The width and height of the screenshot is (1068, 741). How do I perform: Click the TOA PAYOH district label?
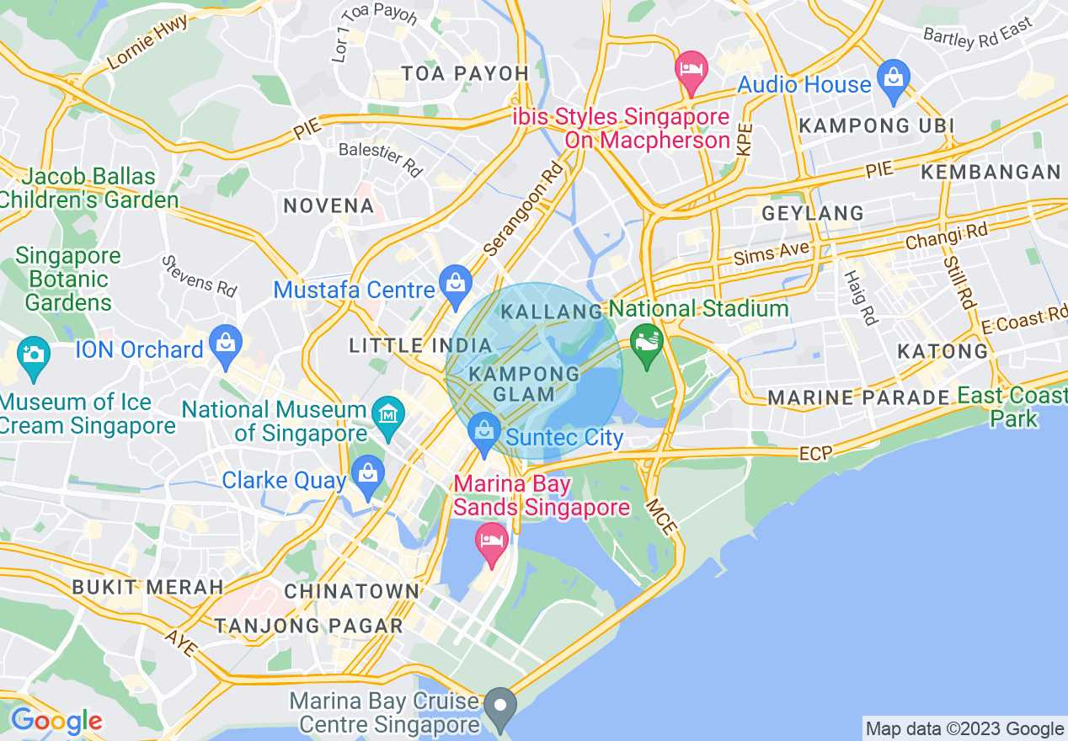tap(465, 73)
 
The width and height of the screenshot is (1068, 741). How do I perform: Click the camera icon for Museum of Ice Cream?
tap(33, 358)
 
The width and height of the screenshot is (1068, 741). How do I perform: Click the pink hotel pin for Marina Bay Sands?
tap(491, 543)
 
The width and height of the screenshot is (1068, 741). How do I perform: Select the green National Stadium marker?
tap(647, 346)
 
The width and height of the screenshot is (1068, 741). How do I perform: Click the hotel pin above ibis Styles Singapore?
tap(692, 72)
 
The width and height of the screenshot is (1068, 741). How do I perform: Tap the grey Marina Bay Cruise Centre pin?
tap(502, 708)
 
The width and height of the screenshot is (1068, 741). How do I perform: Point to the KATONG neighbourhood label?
tap(943, 351)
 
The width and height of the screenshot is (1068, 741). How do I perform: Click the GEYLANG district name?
tap(812, 213)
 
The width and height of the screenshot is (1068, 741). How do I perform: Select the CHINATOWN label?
tap(352, 591)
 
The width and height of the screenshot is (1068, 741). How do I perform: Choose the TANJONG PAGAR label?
tap(308, 626)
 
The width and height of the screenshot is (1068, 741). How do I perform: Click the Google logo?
tap(56, 721)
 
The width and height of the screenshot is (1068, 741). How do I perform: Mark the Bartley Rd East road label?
tap(977, 33)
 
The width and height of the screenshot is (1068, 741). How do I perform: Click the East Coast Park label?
tap(1012, 407)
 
